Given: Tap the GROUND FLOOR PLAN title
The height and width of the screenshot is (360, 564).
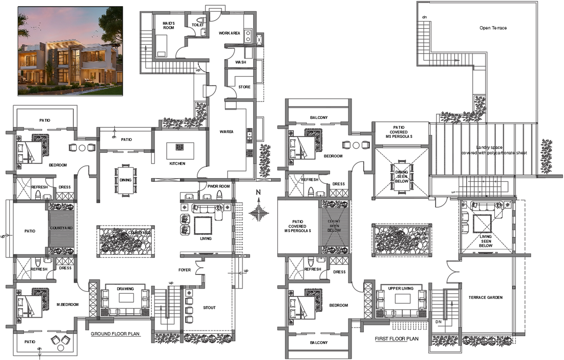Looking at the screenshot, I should (115, 334).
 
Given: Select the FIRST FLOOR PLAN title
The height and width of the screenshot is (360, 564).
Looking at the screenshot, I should (396, 338).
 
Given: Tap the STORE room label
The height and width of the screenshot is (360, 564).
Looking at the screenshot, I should (244, 87).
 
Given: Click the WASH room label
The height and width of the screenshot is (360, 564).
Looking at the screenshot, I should (241, 62).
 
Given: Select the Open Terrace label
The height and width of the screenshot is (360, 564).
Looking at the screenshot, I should (493, 28).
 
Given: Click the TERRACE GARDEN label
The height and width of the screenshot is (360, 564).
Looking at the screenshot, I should (486, 297).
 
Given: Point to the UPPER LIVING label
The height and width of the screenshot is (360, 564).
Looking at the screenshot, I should (400, 288).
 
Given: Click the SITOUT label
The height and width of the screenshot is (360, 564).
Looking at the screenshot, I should (209, 308).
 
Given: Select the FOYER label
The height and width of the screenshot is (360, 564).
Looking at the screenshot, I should (185, 270).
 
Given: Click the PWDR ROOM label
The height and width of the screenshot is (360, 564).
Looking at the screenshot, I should (218, 187).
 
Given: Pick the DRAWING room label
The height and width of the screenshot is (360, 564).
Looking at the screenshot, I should (125, 289).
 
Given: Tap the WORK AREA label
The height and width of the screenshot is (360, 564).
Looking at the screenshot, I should (229, 33).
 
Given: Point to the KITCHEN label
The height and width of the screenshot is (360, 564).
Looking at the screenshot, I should (177, 164).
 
